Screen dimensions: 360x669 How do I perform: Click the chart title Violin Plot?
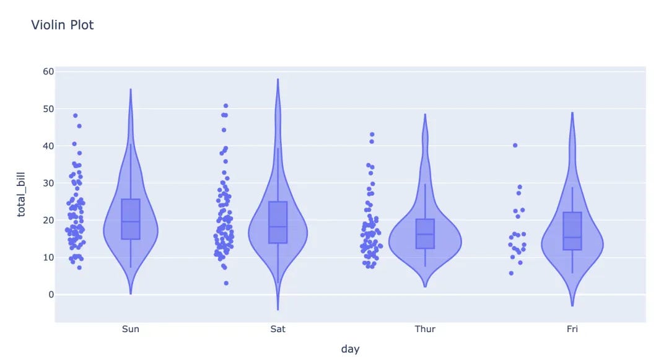click(63, 25)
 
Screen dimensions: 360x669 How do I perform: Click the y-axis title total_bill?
click(22, 195)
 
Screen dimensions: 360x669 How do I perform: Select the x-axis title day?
click(350, 349)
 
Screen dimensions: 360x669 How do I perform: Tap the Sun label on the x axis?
click(131, 329)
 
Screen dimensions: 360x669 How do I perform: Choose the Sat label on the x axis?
click(278, 329)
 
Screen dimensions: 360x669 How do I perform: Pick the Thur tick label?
click(425, 329)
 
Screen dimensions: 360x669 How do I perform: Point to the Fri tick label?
click(572, 329)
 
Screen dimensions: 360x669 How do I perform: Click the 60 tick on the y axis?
click(48, 72)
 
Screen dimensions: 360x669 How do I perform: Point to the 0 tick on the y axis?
click(51, 295)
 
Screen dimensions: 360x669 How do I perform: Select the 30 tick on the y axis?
click(48, 183)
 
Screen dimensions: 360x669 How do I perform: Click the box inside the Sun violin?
click(131, 219)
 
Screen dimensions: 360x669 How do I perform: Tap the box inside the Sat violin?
click(278, 222)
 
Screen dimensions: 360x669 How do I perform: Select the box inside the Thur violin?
click(425, 234)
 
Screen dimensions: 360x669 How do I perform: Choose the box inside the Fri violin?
click(572, 230)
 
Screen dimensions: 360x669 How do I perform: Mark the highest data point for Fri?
click(515, 145)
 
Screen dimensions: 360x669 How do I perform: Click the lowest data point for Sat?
click(226, 283)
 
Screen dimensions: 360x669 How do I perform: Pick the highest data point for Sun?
click(76, 115)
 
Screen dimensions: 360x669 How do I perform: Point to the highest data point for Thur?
click(372, 134)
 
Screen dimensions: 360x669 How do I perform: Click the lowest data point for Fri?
click(511, 273)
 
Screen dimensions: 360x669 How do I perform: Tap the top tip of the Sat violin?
click(278, 79)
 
